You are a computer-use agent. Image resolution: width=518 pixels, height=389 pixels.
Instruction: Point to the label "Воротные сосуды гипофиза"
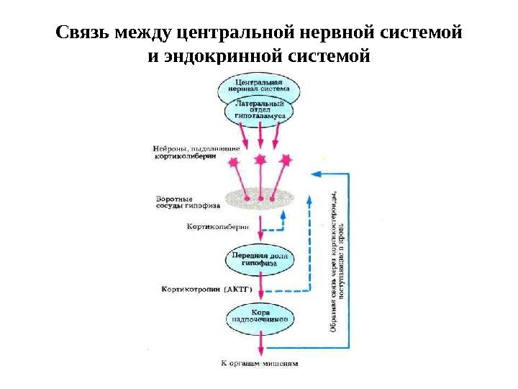coord(185,201)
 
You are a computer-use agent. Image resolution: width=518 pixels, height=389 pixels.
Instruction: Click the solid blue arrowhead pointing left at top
coord(314,174)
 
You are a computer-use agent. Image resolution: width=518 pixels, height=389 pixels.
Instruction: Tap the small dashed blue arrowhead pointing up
coord(284,214)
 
